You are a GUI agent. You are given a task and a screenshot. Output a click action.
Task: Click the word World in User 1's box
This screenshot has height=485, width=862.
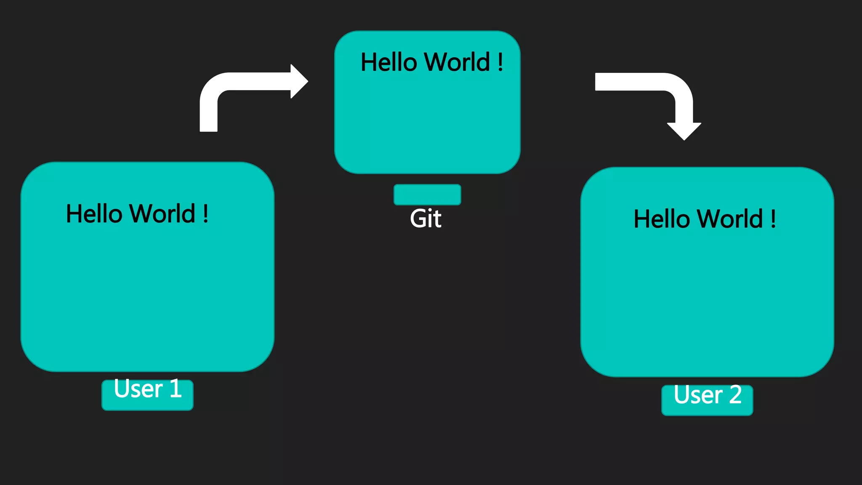coord(162,213)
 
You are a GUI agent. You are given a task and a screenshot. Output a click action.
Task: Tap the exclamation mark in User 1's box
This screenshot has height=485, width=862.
coord(205,213)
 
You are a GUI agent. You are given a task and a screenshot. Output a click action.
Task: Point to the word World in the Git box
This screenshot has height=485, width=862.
coord(457,62)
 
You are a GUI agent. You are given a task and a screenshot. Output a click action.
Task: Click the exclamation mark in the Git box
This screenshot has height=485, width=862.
coord(500,62)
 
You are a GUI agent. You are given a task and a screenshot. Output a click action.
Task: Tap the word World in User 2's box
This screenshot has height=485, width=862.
coord(730,219)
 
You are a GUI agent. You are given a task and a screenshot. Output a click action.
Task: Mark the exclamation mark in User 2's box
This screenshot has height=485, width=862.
coord(773,219)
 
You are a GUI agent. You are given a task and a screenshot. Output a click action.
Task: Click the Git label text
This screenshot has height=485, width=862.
coord(426,219)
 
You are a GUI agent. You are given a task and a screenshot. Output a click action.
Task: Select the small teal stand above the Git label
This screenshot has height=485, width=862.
coord(427,195)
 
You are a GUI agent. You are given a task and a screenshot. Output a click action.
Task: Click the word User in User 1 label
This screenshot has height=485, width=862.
coord(138,389)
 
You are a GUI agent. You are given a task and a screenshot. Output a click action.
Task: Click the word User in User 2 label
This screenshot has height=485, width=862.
coord(698,395)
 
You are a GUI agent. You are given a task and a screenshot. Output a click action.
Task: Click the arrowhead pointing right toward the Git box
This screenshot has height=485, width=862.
coord(298,81)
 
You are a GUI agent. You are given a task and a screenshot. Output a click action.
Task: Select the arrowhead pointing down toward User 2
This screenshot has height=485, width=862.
coord(684,131)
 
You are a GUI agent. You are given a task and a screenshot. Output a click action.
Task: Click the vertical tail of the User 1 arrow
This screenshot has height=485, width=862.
coord(208,116)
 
